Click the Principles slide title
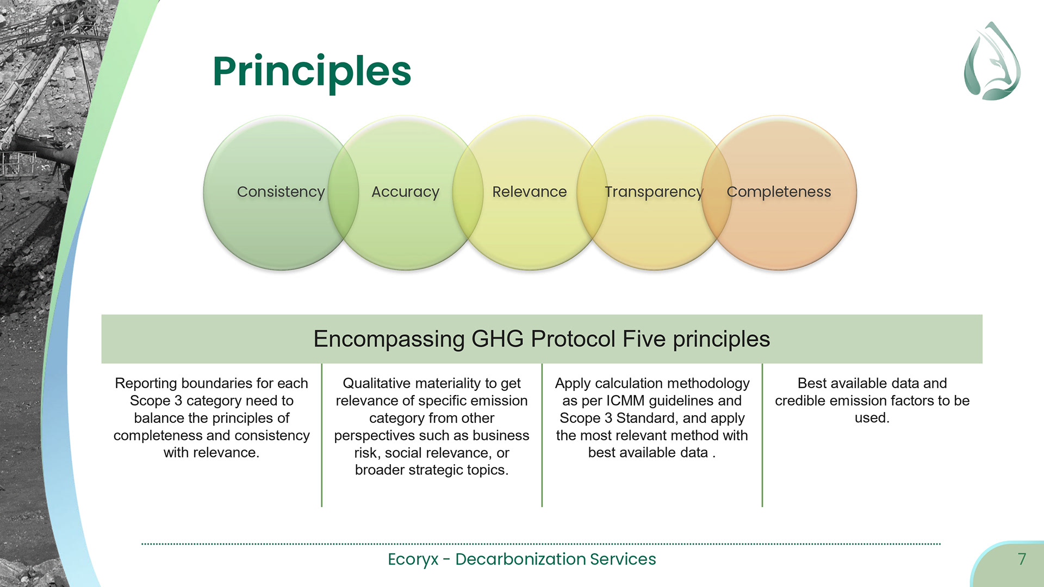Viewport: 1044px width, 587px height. (x=312, y=71)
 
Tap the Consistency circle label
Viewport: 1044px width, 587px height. (x=281, y=192)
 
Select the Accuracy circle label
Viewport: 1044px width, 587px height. (x=405, y=192)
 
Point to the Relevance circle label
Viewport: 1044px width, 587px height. (x=529, y=192)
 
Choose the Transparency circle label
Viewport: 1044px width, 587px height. (x=654, y=192)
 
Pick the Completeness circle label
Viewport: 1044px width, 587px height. (x=779, y=192)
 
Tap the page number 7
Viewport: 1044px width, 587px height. (x=1022, y=559)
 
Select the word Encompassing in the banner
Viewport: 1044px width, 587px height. (x=389, y=339)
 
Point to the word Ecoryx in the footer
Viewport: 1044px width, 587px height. (x=413, y=559)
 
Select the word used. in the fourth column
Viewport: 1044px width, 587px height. (x=872, y=418)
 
